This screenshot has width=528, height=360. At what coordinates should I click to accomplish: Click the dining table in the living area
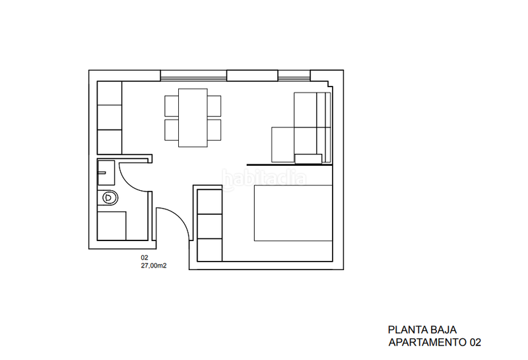pos(193,118)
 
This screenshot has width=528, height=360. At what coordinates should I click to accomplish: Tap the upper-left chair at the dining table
pos(171,106)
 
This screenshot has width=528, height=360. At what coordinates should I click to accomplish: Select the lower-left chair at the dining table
pos(171,128)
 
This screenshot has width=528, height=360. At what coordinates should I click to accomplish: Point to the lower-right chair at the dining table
pos(214,128)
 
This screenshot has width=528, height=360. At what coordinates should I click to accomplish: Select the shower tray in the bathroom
pos(111,225)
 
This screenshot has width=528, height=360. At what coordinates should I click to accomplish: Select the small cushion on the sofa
pos(308,157)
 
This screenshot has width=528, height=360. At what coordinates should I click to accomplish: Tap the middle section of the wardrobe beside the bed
pos(211,225)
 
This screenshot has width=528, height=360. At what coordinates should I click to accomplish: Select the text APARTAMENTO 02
pos(434,343)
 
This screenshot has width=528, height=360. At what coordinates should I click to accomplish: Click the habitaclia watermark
pos(264,178)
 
